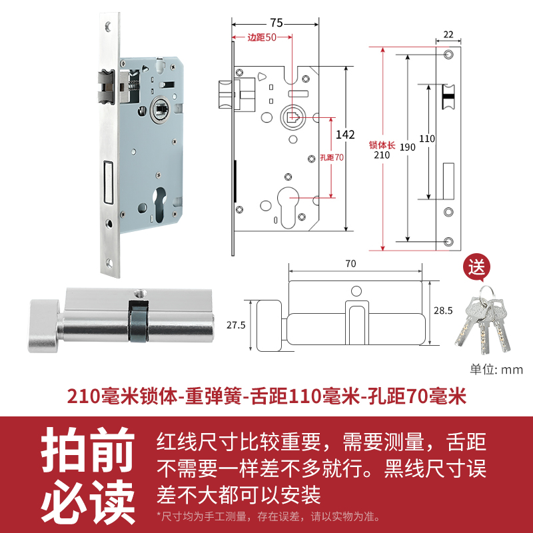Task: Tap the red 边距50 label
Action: [262, 37]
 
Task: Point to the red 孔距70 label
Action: [331, 158]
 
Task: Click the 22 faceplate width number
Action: [448, 35]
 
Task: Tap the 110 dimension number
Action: [427, 139]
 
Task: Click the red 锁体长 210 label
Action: [381, 149]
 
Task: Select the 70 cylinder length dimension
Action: [351, 263]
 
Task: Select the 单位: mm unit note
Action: [496, 370]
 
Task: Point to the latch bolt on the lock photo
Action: [106, 87]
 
